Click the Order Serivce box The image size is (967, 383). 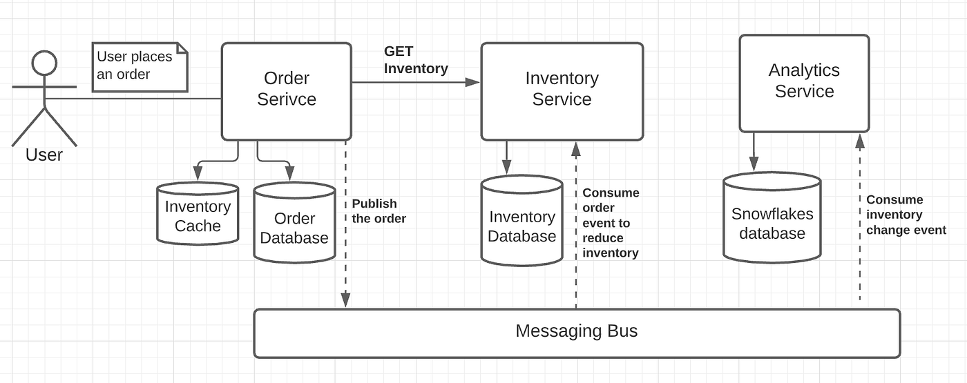click(x=287, y=90)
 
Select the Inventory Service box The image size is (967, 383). click(x=562, y=90)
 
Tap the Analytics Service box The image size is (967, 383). click(x=804, y=81)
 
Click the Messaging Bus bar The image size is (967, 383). click(x=577, y=332)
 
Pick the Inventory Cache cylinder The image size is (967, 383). click(x=198, y=215)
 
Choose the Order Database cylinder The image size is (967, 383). click(x=294, y=224)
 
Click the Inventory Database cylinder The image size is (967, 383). click(x=521, y=224)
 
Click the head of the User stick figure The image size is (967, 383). click(x=44, y=64)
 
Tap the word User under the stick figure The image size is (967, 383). click(x=44, y=155)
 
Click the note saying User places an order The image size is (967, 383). click(x=140, y=66)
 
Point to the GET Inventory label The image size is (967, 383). click(x=416, y=60)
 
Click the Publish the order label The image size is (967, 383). click(x=379, y=211)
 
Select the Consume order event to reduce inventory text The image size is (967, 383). click(x=611, y=223)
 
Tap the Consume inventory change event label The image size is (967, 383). click(x=906, y=215)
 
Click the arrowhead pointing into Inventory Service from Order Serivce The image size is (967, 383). click(x=473, y=82)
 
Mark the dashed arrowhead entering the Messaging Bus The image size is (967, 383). click(x=346, y=300)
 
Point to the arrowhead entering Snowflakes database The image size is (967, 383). click(x=753, y=164)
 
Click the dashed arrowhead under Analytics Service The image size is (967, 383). click(x=860, y=141)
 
